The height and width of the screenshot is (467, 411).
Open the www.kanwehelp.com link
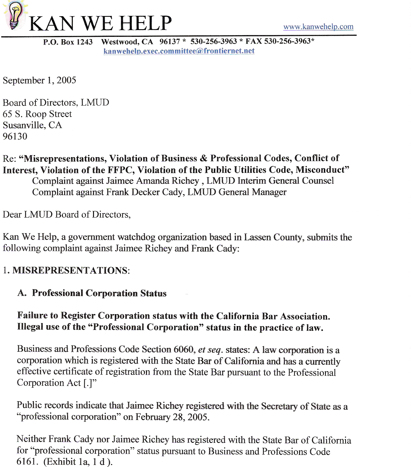pos(318,27)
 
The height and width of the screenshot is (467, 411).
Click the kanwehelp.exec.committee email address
pos(179,51)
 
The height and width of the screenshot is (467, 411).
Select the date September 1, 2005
pos(39,80)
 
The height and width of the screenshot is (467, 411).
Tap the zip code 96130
pos(15,136)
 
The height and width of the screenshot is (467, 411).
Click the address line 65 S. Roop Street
pos(37,114)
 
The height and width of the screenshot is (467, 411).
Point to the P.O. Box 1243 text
pos(68,42)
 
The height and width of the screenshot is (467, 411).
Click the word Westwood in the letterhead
pos(119,42)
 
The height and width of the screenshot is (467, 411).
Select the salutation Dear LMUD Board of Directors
pos(67,214)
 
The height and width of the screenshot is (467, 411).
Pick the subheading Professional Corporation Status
pos(99,293)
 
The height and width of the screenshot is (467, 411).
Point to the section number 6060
pos(184,349)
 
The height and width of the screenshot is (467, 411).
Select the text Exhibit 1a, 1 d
pos(77,461)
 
